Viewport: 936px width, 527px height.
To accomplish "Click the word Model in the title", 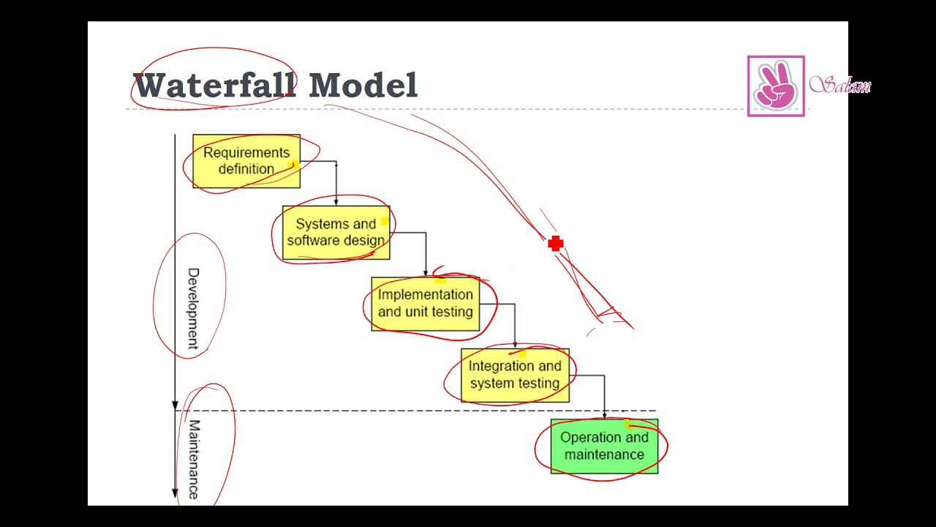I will tap(363, 86).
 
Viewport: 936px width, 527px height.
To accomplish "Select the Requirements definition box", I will tap(246, 161).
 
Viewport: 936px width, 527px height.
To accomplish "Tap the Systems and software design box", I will tap(336, 232).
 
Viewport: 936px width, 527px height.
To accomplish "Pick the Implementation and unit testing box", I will tap(425, 304).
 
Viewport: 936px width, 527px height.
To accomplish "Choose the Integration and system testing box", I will tap(515, 375).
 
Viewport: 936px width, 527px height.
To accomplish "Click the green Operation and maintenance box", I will tap(604, 446).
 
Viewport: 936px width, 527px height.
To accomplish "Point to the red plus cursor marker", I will tap(555, 244).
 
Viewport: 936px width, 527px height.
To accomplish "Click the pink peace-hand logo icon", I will tap(776, 86).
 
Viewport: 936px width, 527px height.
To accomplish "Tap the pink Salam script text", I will tap(840, 86).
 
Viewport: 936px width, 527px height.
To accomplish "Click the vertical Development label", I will tap(193, 307).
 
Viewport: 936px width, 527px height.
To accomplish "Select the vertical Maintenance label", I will tap(194, 459).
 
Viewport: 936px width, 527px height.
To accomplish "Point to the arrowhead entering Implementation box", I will tap(425, 274).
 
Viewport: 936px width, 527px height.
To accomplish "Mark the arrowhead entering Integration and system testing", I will tap(515, 345).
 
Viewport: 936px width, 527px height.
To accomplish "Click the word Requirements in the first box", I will tap(246, 153).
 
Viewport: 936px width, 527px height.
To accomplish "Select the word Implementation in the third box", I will tap(425, 295).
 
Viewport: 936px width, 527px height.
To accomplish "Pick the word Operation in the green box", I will tap(584, 438).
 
